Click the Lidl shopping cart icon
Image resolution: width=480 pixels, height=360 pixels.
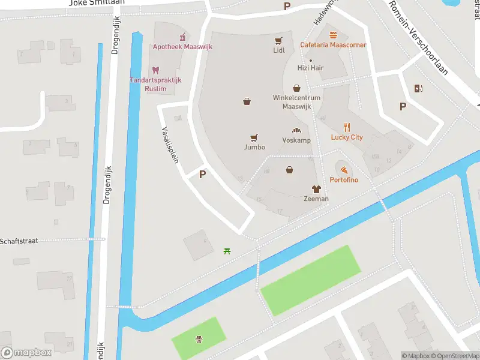point(278,41)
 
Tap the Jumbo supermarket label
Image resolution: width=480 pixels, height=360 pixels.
point(254,147)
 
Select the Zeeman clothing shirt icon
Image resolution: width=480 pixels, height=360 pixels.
point(316,189)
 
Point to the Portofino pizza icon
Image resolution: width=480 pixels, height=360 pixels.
point(343,170)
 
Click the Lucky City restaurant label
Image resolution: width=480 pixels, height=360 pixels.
point(347,137)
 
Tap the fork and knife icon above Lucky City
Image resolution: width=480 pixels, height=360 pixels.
point(347,127)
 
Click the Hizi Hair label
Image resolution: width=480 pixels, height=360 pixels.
point(310,68)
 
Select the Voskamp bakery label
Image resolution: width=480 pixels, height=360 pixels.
point(296,140)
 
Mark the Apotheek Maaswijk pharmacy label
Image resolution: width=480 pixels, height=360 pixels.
point(178,47)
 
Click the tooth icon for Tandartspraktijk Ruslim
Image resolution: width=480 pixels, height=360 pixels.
point(155,70)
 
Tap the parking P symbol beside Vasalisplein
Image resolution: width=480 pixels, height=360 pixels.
point(203,174)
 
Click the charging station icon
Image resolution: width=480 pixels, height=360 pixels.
point(418,89)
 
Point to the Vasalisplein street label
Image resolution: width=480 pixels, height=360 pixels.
point(170,144)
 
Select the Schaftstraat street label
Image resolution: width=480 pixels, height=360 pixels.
point(19,241)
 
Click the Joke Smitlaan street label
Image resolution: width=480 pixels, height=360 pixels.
point(97,3)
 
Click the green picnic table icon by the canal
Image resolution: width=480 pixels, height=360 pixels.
point(227,251)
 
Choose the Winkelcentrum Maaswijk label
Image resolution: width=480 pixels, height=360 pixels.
point(296,102)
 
